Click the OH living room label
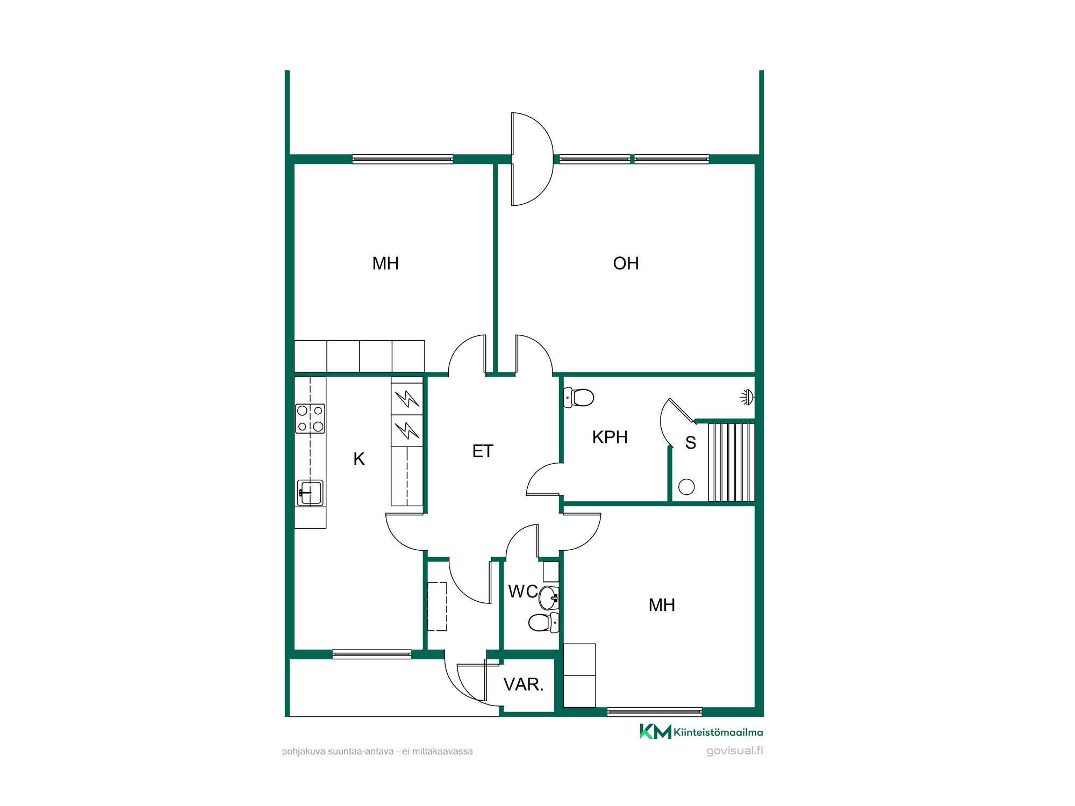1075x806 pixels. tap(626, 263)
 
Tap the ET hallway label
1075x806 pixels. tap(483, 451)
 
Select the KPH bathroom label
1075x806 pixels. tap(610, 437)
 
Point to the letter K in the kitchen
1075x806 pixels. tap(359, 459)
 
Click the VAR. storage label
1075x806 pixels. tap(524, 685)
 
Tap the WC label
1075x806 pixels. tap(523, 591)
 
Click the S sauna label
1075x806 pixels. tap(691, 443)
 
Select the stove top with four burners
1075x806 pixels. tap(310, 419)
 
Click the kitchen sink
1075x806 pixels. tap(310, 493)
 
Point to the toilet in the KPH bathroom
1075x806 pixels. tap(578, 398)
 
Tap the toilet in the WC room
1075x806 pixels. tap(543, 623)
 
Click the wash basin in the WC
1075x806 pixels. tap(549, 598)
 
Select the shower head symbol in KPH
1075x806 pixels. tap(747, 398)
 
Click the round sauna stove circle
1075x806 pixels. tap(686, 487)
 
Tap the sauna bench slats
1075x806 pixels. tap(731, 462)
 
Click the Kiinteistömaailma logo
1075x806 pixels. tap(701, 731)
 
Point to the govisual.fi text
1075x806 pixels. tap(734, 751)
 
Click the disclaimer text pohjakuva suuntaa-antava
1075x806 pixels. tap(377, 751)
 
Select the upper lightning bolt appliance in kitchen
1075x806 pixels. tap(407, 399)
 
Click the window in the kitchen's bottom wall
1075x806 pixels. tap(372, 654)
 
